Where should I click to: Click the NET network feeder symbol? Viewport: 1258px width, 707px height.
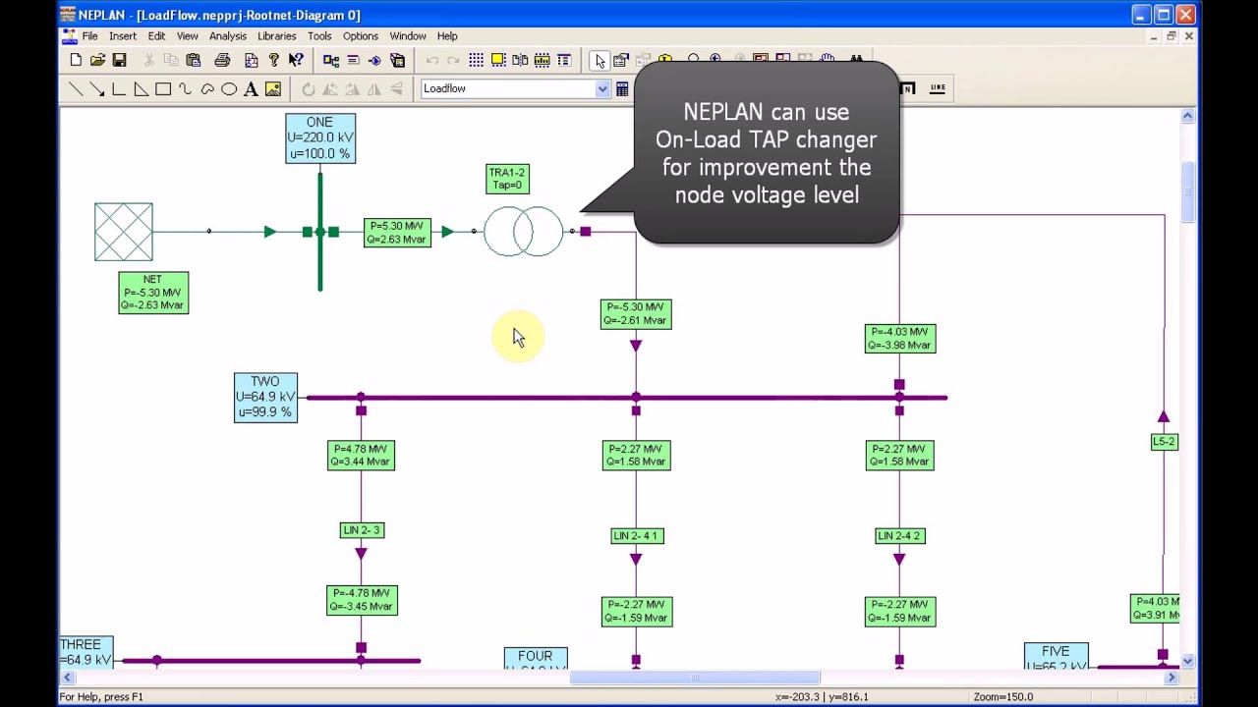pyautogui.click(x=124, y=232)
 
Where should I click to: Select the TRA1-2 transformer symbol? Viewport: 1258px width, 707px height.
pyautogui.click(x=523, y=232)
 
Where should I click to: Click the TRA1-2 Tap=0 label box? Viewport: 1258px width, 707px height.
pyautogui.click(x=507, y=179)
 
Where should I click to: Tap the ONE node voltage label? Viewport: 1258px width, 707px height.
pyautogui.click(x=319, y=138)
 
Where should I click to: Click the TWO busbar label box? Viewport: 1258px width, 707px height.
pyautogui.click(x=265, y=398)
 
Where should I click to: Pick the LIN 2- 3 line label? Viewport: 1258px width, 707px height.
pyautogui.click(x=361, y=530)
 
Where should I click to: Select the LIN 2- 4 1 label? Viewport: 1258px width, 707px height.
pyautogui.click(x=636, y=536)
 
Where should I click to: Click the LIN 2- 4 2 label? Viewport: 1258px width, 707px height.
pyautogui.click(x=899, y=536)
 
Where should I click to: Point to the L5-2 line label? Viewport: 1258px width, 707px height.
pyautogui.click(x=1164, y=442)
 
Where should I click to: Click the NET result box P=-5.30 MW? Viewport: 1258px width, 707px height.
pyautogui.click(x=152, y=293)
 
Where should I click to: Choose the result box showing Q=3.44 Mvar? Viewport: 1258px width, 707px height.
pyautogui.click(x=361, y=456)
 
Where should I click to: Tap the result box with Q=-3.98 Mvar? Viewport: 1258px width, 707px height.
pyautogui.click(x=899, y=339)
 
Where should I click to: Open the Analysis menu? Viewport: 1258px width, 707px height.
pyautogui.click(x=227, y=36)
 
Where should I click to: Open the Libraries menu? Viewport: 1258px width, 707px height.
pyautogui.click(x=276, y=36)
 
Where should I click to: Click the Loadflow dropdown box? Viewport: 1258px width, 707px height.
pyautogui.click(x=515, y=89)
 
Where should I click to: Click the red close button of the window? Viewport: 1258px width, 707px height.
pyautogui.click(x=1185, y=15)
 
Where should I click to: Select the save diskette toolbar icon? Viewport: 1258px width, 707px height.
pyautogui.click(x=119, y=61)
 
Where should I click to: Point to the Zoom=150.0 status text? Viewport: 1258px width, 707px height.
pyautogui.click(x=1002, y=697)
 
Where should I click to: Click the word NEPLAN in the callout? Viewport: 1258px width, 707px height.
pyautogui.click(x=723, y=112)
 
